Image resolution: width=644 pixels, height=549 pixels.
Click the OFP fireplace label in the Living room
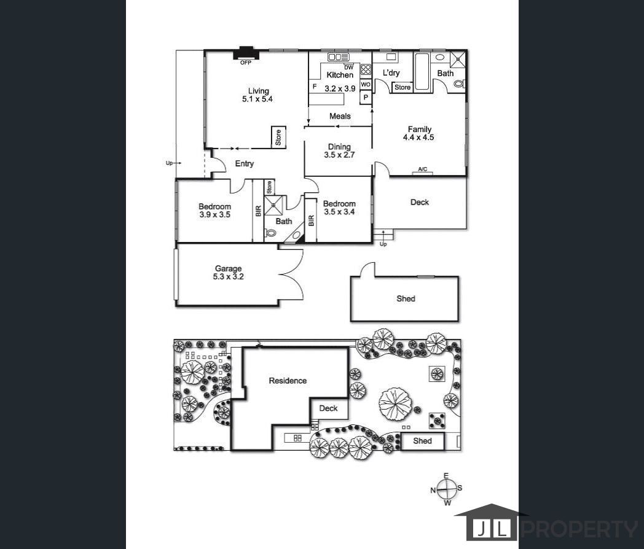point(246,63)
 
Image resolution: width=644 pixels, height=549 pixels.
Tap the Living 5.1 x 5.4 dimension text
point(257,99)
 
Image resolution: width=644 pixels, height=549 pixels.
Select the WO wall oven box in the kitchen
point(366,84)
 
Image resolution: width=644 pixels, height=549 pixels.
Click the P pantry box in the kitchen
point(366,98)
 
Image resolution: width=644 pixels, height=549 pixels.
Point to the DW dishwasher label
point(348,68)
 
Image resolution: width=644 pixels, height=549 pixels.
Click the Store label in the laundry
point(402,87)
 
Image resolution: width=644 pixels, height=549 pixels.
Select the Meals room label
point(340,116)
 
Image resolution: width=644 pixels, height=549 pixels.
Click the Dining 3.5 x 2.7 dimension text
point(339,155)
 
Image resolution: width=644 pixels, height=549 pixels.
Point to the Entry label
point(245,164)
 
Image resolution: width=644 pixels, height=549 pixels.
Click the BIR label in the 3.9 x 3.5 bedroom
point(258,211)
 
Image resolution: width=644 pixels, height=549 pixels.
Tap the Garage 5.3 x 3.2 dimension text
point(229,276)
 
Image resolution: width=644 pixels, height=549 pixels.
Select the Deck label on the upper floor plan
point(420,202)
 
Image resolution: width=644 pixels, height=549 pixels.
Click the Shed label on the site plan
point(422,441)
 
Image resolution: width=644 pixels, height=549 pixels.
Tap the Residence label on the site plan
point(288,381)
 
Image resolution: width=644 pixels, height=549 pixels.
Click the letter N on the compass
point(433,490)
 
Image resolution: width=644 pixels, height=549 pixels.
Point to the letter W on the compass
point(448,502)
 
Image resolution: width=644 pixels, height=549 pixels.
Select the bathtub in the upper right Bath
point(422,71)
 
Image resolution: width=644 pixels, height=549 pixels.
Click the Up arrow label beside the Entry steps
point(169,163)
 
